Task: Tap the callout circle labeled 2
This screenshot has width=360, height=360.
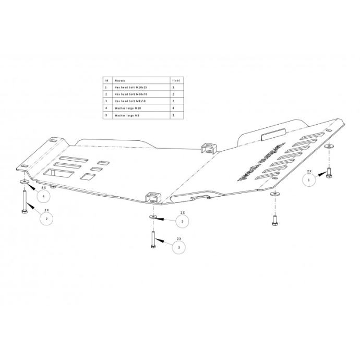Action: tap(47, 219)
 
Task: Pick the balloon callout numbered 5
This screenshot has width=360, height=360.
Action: tap(182, 222)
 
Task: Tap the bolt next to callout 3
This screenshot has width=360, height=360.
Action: tap(153, 241)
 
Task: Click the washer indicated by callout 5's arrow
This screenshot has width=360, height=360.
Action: tap(153, 215)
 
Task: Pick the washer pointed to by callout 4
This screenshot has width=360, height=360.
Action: tap(25, 181)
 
